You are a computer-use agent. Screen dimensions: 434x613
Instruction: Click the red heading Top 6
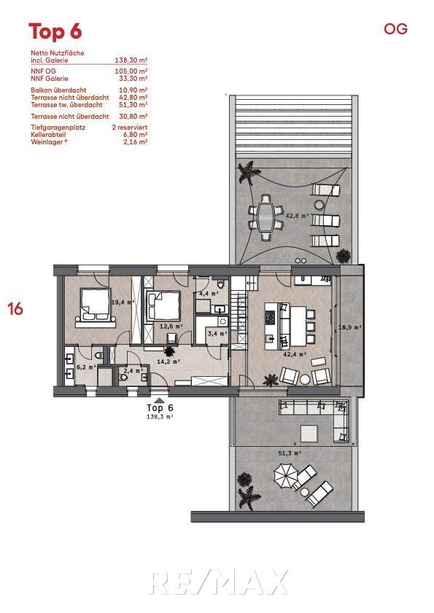point(55,31)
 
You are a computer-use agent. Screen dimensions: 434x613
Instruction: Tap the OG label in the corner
point(395,29)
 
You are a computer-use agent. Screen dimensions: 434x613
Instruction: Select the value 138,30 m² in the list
point(131,60)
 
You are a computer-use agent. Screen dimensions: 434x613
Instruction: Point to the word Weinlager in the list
point(47,142)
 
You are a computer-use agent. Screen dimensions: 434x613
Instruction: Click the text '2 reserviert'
point(130,127)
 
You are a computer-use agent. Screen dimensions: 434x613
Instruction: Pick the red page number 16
point(15,309)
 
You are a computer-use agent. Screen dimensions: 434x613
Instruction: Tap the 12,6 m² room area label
point(171,326)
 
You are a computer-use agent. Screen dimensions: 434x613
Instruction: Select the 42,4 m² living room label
point(294,354)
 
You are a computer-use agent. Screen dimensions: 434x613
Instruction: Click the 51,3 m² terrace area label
point(290,453)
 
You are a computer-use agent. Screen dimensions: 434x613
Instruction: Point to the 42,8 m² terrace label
point(298,215)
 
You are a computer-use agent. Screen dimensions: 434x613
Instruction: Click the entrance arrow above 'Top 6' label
point(159,400)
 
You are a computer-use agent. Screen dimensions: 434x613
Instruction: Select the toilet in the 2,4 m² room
point(123,378)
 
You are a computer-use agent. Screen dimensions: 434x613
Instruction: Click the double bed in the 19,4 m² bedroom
point(95,305)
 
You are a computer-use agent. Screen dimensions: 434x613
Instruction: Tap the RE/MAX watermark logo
point(219,582)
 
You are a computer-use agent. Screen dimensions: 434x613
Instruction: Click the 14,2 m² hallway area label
point(168,362)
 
